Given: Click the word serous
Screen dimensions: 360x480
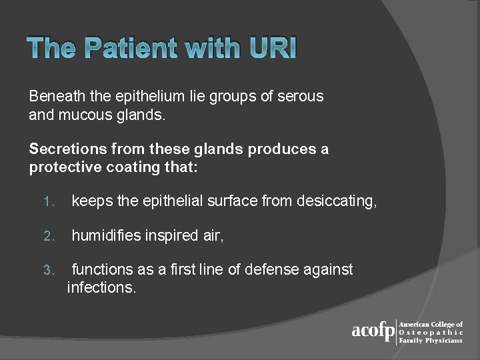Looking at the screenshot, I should [301, 97].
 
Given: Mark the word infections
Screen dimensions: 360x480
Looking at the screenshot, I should [101, 288].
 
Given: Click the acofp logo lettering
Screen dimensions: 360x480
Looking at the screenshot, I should [373, 331].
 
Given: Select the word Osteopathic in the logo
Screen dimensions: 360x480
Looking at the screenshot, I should [430, 332].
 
